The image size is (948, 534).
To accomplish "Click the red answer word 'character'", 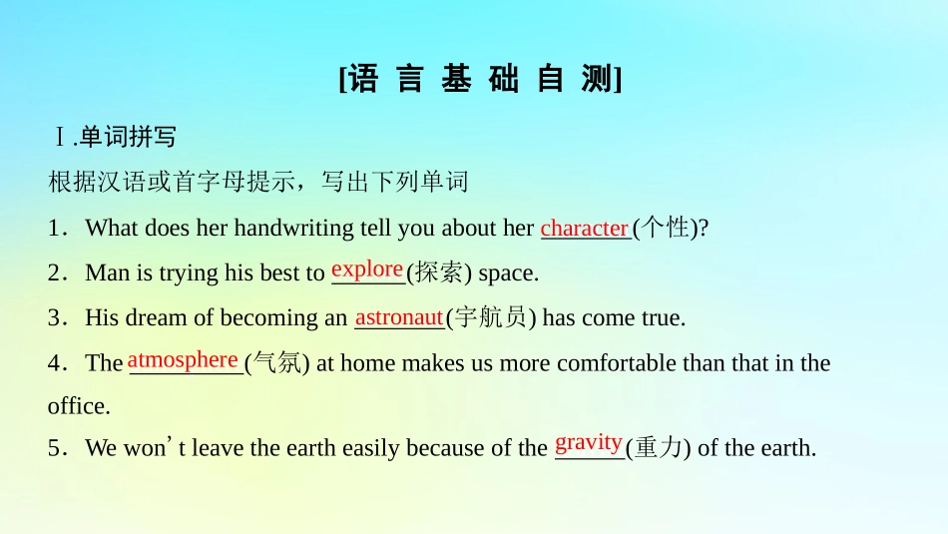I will (x=584, y=228).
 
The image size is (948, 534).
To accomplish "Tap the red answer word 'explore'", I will (x=367, y=268).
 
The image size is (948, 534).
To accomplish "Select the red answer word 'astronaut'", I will (x=399, y=317).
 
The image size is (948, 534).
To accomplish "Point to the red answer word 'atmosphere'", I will (x=183, y=359).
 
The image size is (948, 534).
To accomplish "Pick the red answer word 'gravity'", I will (x=589, y=442).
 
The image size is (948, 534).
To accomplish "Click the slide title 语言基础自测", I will (x=480, y=80).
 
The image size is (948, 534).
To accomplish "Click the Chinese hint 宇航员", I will (x=489, y=317).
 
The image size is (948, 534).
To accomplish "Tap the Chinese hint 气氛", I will (x=276, y=363).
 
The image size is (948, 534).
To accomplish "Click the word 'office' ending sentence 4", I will (x=77, y=406).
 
